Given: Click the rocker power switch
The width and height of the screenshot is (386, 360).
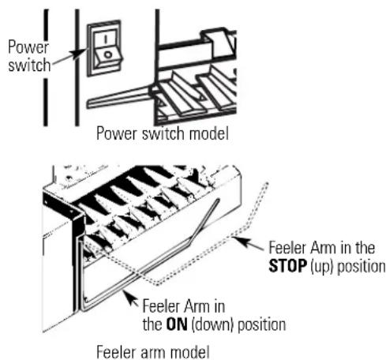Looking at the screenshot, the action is pyautogui.click(x=105, y=48).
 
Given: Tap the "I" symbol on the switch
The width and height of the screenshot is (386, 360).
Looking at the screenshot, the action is pyautogui.click(x=106, y=39).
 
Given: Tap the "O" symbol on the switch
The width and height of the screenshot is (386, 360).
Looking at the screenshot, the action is pyautogui.click(x=108, y=54).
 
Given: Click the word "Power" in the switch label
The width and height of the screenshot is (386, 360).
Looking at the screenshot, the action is pyautogui.click(x=28, y=47).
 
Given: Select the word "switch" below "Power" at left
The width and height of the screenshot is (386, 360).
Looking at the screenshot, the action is pyautogui.click(x=29, y=65).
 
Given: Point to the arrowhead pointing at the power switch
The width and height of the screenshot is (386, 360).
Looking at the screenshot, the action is pyautogui.click(x=80, y=53).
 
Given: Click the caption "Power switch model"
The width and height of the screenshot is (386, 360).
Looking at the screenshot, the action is pyautogui.click(x=163, y=133).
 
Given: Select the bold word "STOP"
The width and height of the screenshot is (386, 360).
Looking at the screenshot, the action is pyautogui.click(x=288, y=266).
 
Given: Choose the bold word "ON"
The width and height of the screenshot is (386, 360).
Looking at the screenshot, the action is pyautogui.click(x=177, y=324).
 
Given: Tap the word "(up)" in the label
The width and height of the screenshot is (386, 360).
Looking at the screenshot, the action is pyautogui.click(x=322, y=267).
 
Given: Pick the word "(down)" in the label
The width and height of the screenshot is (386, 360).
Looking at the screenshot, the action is pyautogui.click(x=212, y=325).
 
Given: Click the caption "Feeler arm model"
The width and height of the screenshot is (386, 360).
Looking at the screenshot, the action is pyautogui.click(x=153, y=352).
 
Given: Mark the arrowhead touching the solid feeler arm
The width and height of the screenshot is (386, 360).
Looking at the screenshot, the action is pyautogui.click(x=129, y=298).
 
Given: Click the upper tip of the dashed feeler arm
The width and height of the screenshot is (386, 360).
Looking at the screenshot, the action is pyautogui.click(x=268, y=183).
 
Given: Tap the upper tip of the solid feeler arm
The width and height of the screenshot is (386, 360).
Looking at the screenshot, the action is pyautogui.click(x=218, y=200).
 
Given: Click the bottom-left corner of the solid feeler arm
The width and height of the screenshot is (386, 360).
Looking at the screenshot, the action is pyautogui.click(x=82, y=309).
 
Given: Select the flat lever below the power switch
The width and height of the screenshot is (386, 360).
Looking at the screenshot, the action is pyautogui.click(x=120, y=98).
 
